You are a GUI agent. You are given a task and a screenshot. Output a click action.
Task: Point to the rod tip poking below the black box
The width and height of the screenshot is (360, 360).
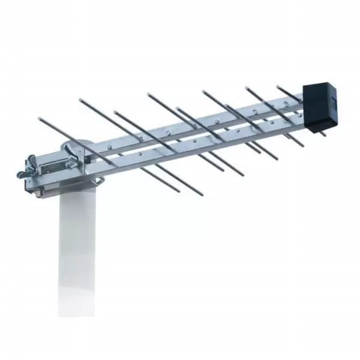323,134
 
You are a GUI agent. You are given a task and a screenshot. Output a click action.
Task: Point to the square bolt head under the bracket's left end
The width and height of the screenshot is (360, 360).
38,193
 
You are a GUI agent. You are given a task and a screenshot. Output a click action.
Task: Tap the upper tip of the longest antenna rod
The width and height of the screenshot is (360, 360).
40,119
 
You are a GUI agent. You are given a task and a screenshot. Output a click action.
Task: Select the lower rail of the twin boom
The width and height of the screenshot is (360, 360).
198,144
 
